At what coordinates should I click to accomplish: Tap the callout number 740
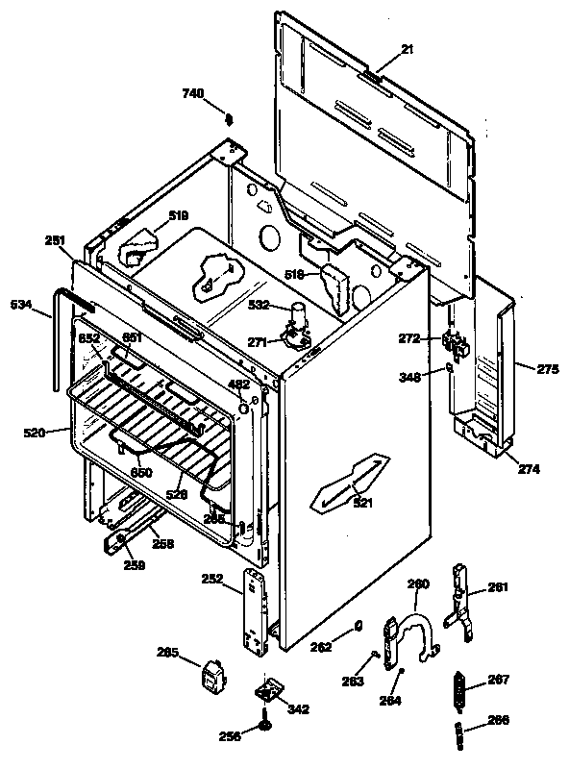pyautogui.click(x=194, y=93)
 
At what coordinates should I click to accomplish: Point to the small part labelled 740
pyautogui.click(x=230, y=119)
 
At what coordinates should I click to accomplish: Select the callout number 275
pyautogui.click(x=547, y=368)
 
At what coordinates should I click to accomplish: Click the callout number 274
pyautogui.click(x=530, y=470)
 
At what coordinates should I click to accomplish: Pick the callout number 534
pyautogui.click(x=20, y=305)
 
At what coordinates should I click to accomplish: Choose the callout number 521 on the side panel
pyautogui.click(x=363, y=503)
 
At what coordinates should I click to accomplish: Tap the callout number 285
pyautogui.click(x=168, y=654)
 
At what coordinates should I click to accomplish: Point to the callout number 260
pyautogui.click(x=419, y=583)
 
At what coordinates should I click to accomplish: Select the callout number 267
pyautogui.click(x=499, y=679)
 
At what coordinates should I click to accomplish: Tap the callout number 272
pyautogui.click(x=410, y=338)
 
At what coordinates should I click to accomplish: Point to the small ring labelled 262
pyautogui.click(x=358, y=626)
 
